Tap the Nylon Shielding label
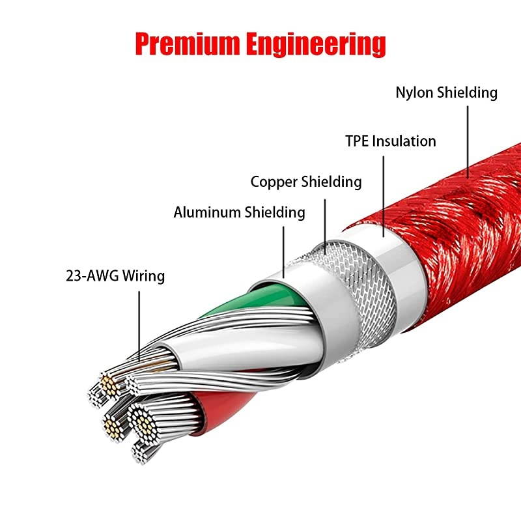click(x=446, y=92)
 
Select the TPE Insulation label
click(x=390, y=141)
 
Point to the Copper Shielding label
click(x=306, y=182)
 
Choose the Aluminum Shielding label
click(x=239, y=212)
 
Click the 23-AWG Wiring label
click(x=115, y=275)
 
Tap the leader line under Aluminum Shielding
click(x=283, y=248)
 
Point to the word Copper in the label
click(x=274, y=182)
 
